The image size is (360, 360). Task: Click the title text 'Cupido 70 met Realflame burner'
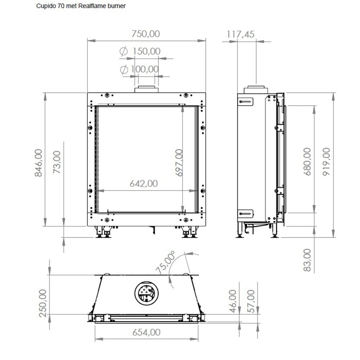(81, 6)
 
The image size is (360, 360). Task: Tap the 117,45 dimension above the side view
(241, 34)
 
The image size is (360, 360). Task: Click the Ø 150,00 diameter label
(141, 51)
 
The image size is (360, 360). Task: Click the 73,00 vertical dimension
(57, 163)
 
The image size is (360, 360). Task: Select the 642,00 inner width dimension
(144, 184)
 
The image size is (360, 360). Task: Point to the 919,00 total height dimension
(326, 161)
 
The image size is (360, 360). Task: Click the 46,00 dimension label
(233, 301)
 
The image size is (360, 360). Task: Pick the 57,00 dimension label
(251, 301)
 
